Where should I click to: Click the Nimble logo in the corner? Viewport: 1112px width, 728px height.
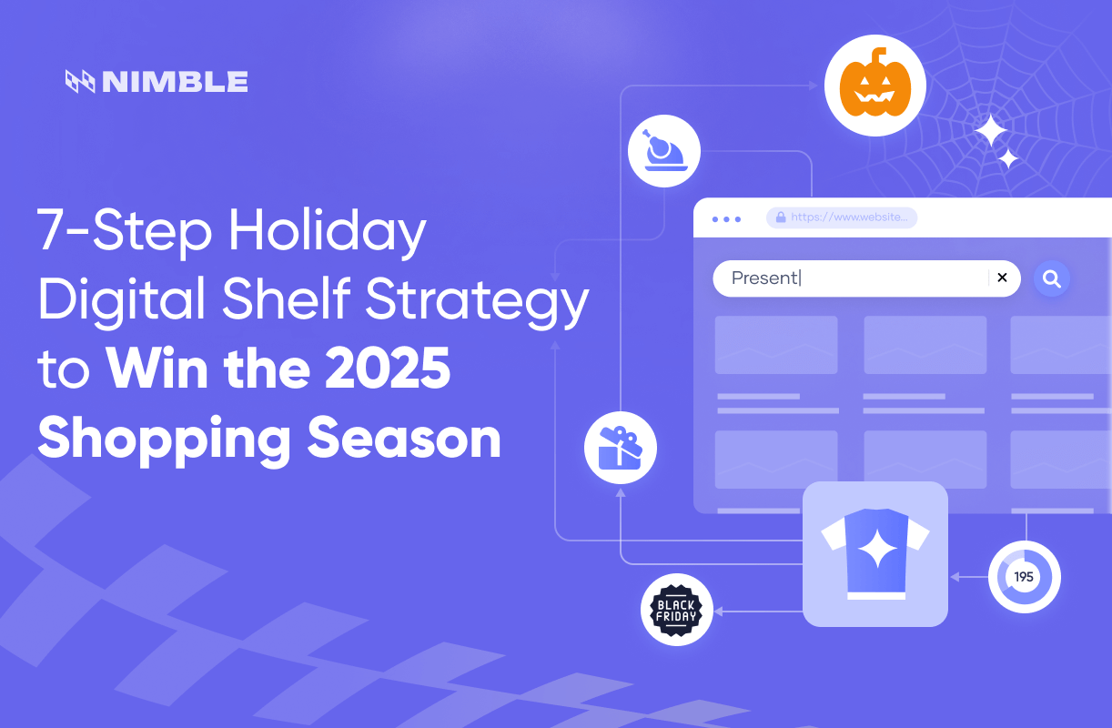157,82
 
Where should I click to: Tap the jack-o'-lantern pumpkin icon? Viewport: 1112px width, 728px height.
874,86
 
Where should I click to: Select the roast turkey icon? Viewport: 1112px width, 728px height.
664,151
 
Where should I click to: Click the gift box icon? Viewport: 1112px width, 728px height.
620,448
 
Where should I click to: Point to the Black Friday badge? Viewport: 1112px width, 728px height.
676,610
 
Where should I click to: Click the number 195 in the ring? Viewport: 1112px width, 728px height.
1024,577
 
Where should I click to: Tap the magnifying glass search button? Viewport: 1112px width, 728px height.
1052,279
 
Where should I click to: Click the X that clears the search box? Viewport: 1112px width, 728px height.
1002,278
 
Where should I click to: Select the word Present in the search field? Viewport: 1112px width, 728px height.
764,278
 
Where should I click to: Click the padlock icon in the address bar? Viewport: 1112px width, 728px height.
780,217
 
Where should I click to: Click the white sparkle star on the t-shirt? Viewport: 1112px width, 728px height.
878,549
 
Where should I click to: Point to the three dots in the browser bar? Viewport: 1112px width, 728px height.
726,219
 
